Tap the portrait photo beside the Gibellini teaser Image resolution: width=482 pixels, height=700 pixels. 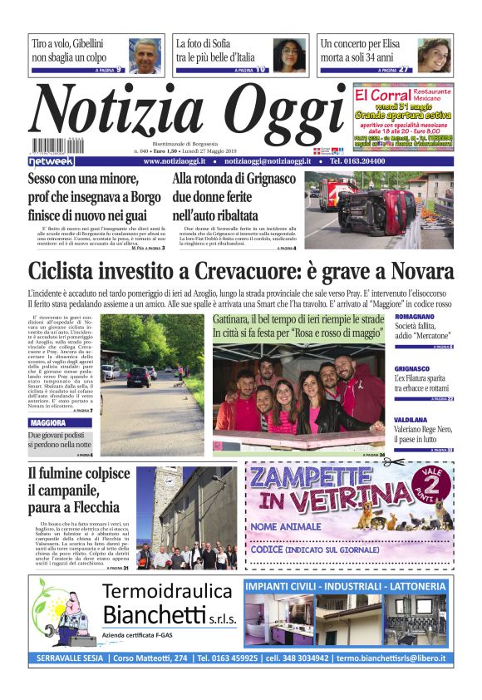click(x=145, y=55)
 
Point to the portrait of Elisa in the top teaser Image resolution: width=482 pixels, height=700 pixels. click(x=433, y=55)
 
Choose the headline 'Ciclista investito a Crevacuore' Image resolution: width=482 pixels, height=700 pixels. click(x=241, y=272)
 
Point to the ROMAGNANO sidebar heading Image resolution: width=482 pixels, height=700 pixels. click(x=418, y=317)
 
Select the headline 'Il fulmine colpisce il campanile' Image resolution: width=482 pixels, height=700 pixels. click(x=79, y=490)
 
